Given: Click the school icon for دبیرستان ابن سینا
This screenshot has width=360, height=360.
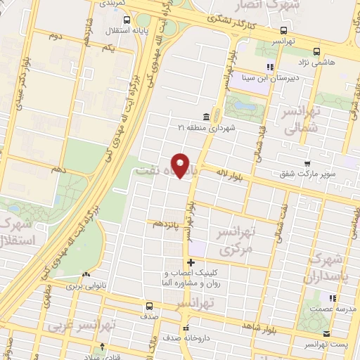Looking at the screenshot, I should [x=269, y=67].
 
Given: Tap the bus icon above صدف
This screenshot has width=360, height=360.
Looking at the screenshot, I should [x=148, y=306].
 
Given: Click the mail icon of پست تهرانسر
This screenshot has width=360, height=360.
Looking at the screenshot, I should [x=326, y=334].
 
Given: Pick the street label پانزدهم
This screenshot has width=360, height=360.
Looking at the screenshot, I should [x=167, y=223].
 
